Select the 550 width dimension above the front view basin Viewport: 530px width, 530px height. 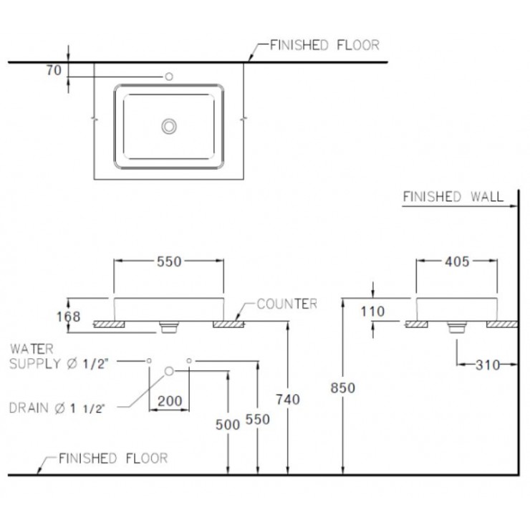click(169, 262)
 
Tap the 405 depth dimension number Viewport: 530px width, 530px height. click(457, 262)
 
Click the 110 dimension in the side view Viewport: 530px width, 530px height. click(373, 312)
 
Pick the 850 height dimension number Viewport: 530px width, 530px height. click(343, 387)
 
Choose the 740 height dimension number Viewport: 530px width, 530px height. click(286, 399)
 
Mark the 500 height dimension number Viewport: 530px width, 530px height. click(228, 424)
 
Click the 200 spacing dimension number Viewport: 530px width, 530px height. click(169, 401)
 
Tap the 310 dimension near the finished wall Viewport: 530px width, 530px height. click(488, 365)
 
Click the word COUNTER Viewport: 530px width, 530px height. click(286, 304)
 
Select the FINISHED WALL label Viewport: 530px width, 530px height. click(453, 196)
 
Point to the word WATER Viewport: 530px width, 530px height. click(32, 349)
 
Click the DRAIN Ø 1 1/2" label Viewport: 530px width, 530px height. click(57, 408)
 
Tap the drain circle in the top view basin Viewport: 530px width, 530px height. click(170, 126)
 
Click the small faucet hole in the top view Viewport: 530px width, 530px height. click(170, 76)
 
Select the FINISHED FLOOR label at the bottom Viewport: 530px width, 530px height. click(113, 458)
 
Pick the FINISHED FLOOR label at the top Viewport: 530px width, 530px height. click(324, 45)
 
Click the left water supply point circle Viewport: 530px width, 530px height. click(149, 360)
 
